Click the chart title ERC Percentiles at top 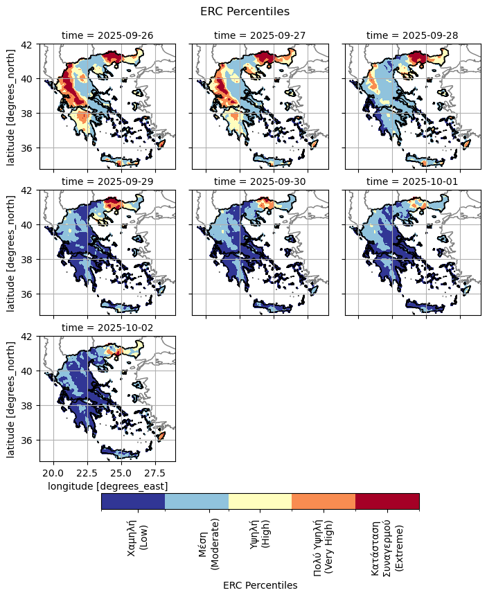click(x=245, y=11)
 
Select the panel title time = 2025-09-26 click(x=107, y=35)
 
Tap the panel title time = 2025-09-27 click(x=260, y=35)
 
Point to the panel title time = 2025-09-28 click(x=412, y=35)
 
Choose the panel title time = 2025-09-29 click(x=107, y=181)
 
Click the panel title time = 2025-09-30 click(x=260, y=181)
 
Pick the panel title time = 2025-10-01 click(x=412, y=181)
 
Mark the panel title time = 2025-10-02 click(x=107, y=328)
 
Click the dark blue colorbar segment click(x=133, y=501)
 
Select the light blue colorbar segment click(x=197, y=501)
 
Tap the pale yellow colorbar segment click(x=260, y=501)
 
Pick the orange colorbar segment click(x=324, y=501)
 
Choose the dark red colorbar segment click(x=387, y=501)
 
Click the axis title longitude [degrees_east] click(x=107, y=487)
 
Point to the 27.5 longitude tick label click(x=156, y=473)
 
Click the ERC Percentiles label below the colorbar click(x=260, y=585)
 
